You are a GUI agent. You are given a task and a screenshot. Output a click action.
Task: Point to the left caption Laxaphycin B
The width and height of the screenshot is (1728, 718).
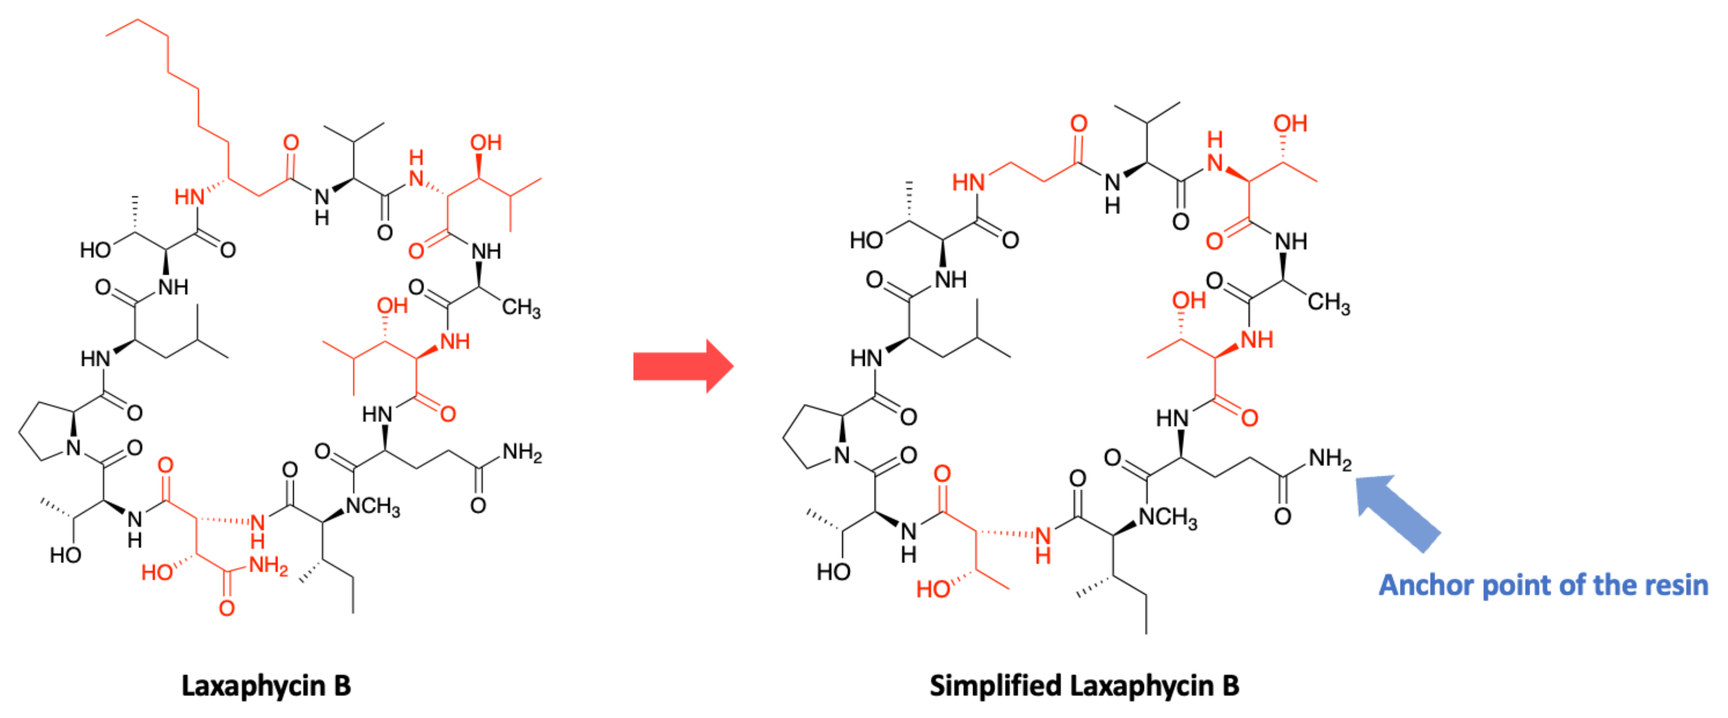coord(266,686)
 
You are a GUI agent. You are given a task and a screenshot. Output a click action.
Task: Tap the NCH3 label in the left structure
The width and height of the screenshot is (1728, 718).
coord(372,506)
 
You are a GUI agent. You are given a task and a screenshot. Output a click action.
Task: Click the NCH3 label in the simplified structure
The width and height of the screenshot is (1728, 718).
coord(1168,518)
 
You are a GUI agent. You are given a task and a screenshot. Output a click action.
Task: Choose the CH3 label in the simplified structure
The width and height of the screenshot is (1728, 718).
coord(1328,303)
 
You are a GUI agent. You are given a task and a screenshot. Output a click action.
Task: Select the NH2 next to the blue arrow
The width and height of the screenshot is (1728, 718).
coord(1329,459)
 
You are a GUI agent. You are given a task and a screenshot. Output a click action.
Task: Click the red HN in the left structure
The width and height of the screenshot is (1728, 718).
coord(189,197)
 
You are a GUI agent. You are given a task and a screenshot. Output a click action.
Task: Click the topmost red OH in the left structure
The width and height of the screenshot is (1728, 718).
coord(485,143)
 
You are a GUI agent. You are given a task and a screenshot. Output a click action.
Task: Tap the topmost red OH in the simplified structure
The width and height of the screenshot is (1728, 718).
coord(1290,123)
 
